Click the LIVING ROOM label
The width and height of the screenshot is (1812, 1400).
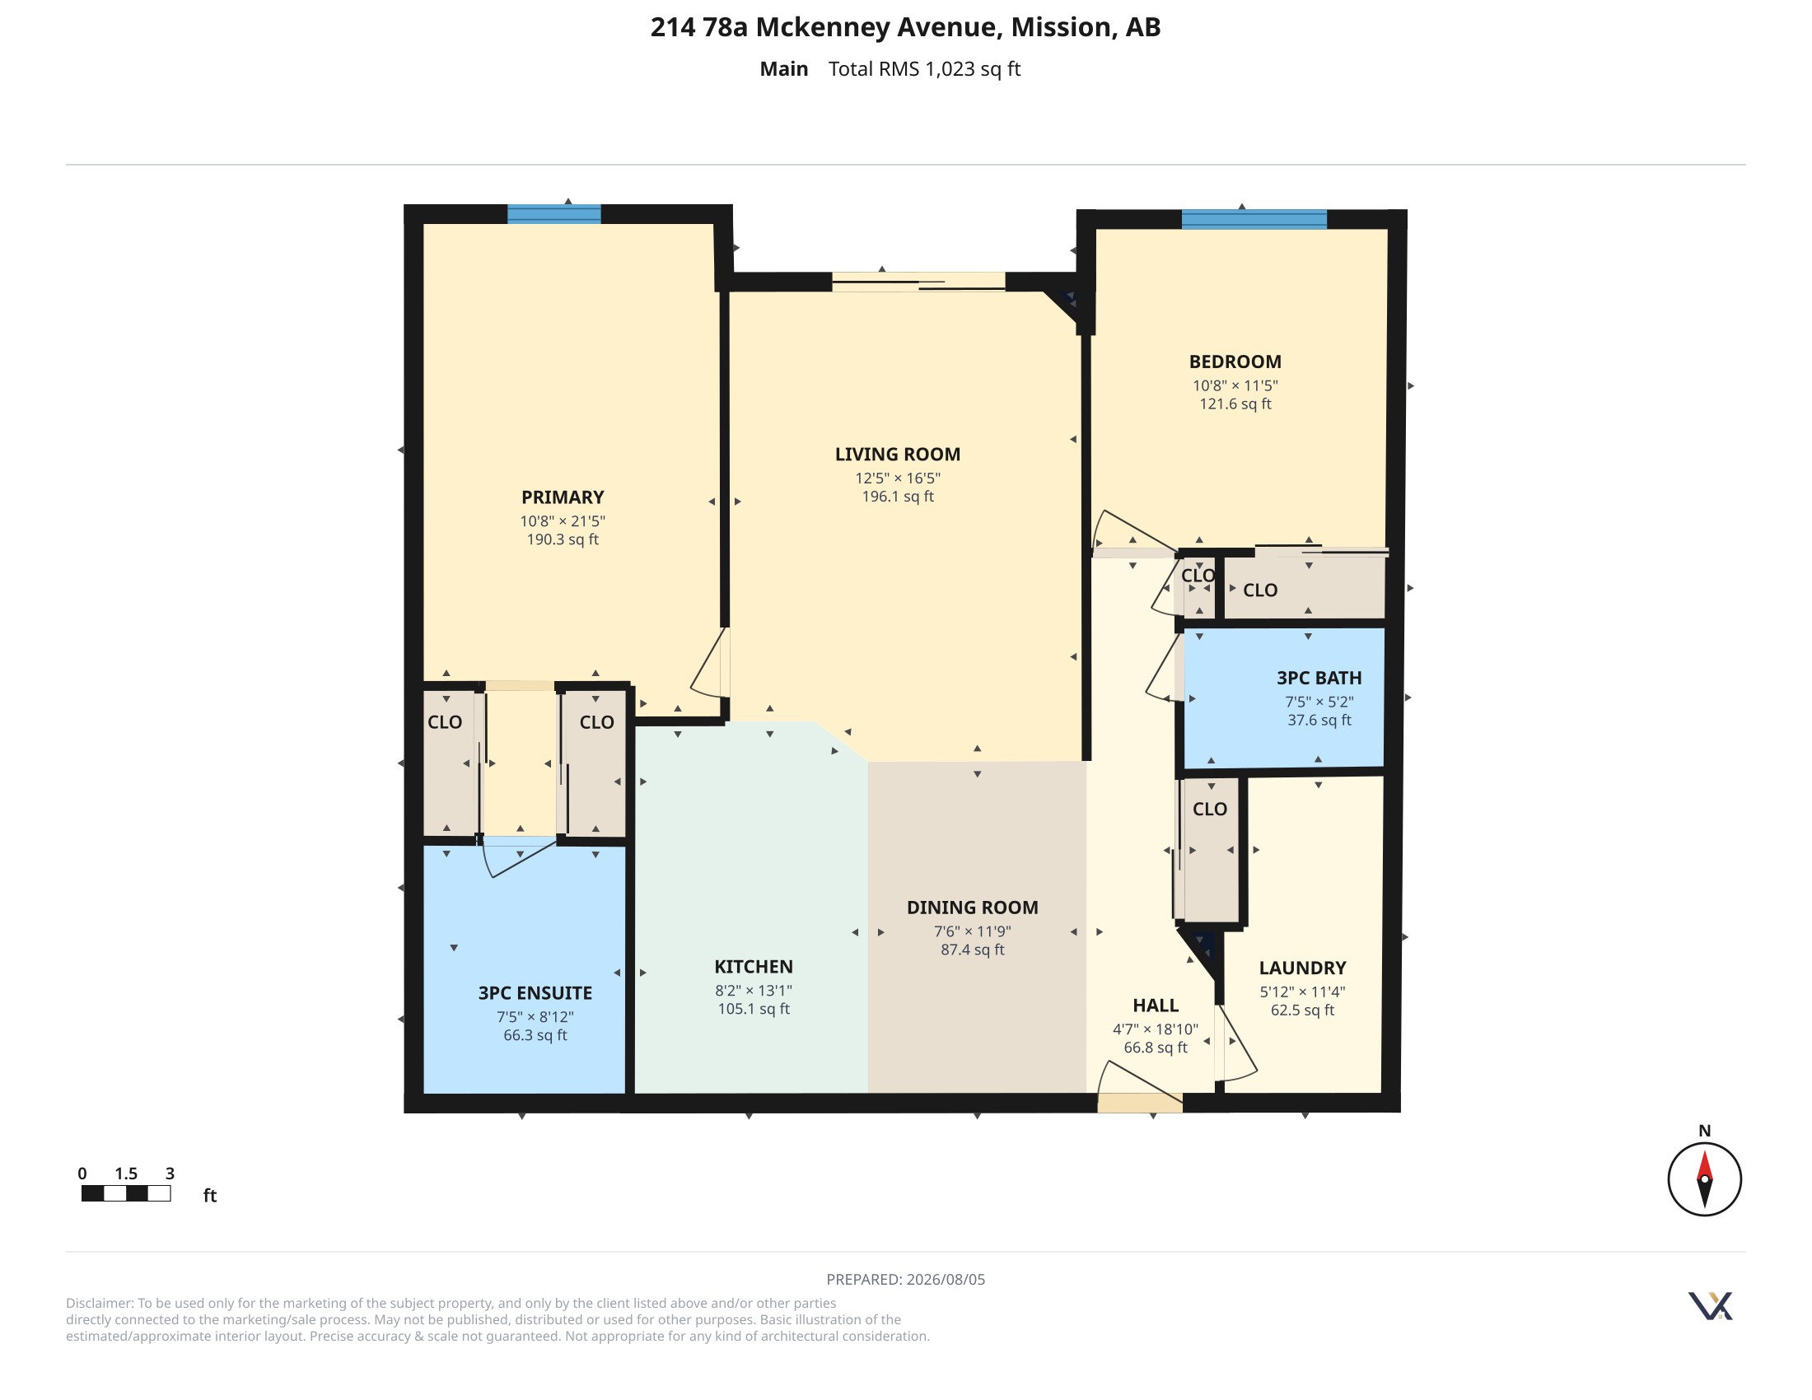click(898, 455)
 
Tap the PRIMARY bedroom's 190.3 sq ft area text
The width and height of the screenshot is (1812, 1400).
click(563, 539)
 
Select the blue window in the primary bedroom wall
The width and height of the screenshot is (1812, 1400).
click(554, 214)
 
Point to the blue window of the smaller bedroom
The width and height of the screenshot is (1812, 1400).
click(1254, 220)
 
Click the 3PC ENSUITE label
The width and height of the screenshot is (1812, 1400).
click(535, 993)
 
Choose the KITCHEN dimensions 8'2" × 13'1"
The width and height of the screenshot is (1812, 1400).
click(754, 990)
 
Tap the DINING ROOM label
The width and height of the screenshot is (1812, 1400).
click(973, 908)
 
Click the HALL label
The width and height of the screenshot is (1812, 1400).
click(1156, 1006)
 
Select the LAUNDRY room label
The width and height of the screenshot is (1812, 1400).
click(1303, 968)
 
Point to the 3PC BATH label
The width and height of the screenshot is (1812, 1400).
click(1319, 678)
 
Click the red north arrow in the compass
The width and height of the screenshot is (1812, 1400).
click(1705, 1167)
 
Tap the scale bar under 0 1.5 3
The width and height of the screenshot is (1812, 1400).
click(126, 1193)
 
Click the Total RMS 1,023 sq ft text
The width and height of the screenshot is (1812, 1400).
click(924, 69)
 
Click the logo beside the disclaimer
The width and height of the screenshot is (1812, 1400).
click(1711, 1305)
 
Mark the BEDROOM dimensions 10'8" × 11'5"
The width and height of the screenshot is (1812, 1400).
click(1235, 385)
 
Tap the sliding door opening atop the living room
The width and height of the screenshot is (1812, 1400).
click(918, 281)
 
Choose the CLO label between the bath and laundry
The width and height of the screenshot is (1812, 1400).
click(1210, 809)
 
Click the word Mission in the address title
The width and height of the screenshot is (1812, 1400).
click(1061, 27)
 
